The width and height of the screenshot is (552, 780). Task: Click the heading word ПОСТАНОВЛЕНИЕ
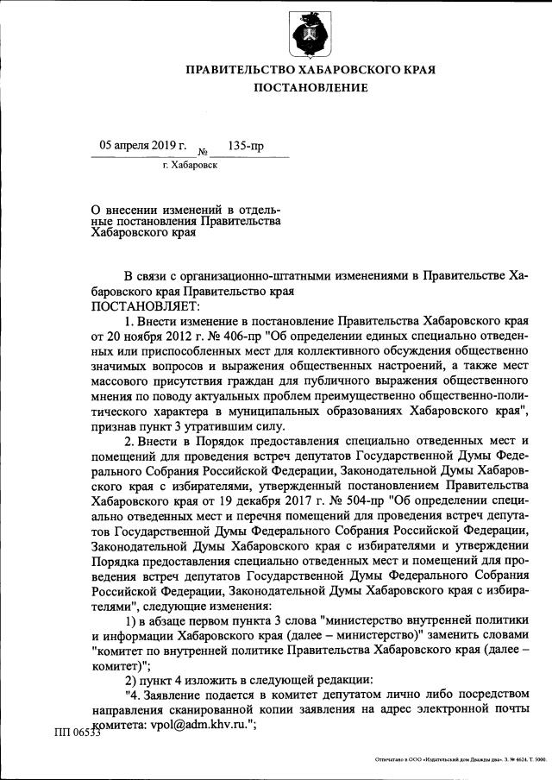(310, 88)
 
